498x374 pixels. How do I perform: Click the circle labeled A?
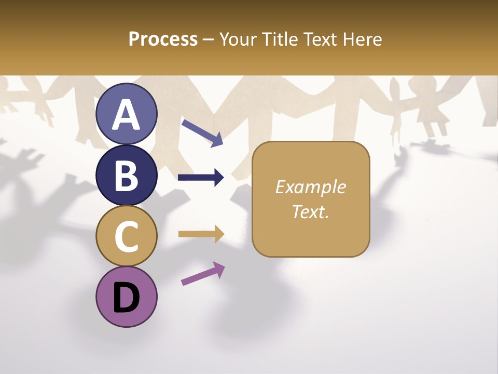[x=127, y=114]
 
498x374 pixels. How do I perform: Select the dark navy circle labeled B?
[x=127, y=175]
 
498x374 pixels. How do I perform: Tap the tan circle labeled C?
[x=127, y=236]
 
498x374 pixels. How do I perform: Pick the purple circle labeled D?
[x=127, y=297]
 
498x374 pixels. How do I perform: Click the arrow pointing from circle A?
[x=202, y=132]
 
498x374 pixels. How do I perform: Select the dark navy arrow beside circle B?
[x=201, y=178]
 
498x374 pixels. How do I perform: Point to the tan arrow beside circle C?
[x=201, y=234]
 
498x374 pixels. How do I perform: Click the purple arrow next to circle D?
[x=203, y=273]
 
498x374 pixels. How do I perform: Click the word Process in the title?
[x=163, y=39]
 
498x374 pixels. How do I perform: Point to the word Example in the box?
[x=310, y=187]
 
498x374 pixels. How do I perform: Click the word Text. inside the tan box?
[x=310, y=211]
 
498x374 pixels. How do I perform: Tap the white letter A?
[x=127, y=115]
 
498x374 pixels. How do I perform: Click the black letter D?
[x=127, y=298]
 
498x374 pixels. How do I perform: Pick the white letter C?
[x=127, y=237]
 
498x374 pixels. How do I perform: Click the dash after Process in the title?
[x=209, y=39]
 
